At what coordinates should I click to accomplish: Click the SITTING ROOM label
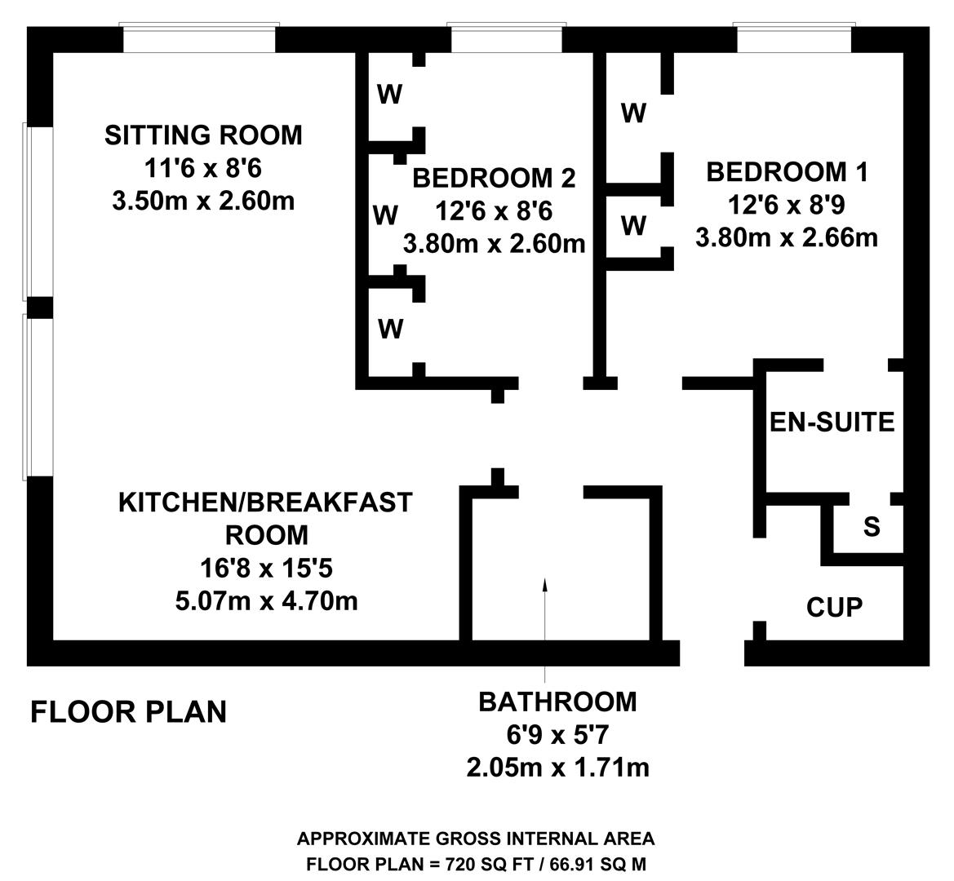point(203,135)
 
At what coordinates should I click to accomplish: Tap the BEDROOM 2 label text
point(494,177)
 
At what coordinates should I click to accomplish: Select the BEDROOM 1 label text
point(787,172)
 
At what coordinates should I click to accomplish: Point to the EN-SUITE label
point(832,422)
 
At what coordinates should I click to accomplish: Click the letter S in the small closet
point(872,527)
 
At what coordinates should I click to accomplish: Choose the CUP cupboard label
point(834,607)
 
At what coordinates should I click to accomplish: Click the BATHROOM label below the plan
point(557,702)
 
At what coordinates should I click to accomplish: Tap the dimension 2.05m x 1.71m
point(557,767)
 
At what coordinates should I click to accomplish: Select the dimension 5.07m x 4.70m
point(266,601)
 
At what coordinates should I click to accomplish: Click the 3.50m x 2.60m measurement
point(203,200)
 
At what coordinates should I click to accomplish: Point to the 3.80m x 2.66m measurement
point(787,237)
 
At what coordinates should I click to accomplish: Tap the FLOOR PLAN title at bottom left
point(128,711)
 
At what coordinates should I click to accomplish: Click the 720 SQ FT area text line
point(476,865)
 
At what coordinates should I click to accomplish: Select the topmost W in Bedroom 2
point(389,95)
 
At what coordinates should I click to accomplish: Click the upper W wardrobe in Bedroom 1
point(633,113)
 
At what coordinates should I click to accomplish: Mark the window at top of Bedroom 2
point(506,38)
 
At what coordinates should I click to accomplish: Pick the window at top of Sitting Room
point(198,38)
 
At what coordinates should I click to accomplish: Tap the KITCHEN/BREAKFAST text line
point(266,502)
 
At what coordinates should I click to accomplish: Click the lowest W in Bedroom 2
point(391,329)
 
